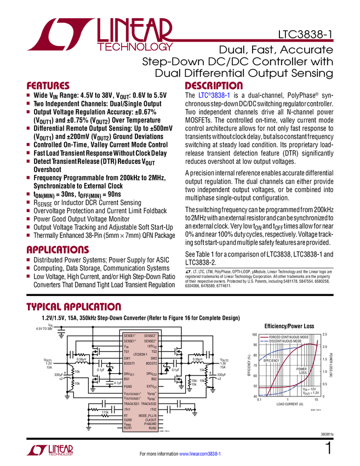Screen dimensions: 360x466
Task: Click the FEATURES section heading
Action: [x=48, y=86]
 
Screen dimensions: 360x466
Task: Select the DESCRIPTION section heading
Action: [x=214, y=86]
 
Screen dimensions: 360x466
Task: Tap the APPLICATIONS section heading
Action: [x=58, y=249]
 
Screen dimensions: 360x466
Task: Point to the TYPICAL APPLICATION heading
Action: [x=73, y=306]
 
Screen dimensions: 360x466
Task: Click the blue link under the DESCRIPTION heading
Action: [x=215, y=95]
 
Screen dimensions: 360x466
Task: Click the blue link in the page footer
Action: [x=201, y=453]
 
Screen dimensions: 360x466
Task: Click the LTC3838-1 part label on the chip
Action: [x=140, y=354]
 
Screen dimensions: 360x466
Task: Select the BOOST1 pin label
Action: [x=129, y=363]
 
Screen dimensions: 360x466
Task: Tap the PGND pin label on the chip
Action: [x=128, y=387]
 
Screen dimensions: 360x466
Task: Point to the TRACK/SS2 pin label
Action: [x=149, y=403]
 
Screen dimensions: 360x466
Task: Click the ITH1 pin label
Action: [x=127, y=409]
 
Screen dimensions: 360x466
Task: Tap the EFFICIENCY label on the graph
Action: [x=271, y=360]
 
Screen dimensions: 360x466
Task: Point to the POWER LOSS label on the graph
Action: [x=302, y=372]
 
